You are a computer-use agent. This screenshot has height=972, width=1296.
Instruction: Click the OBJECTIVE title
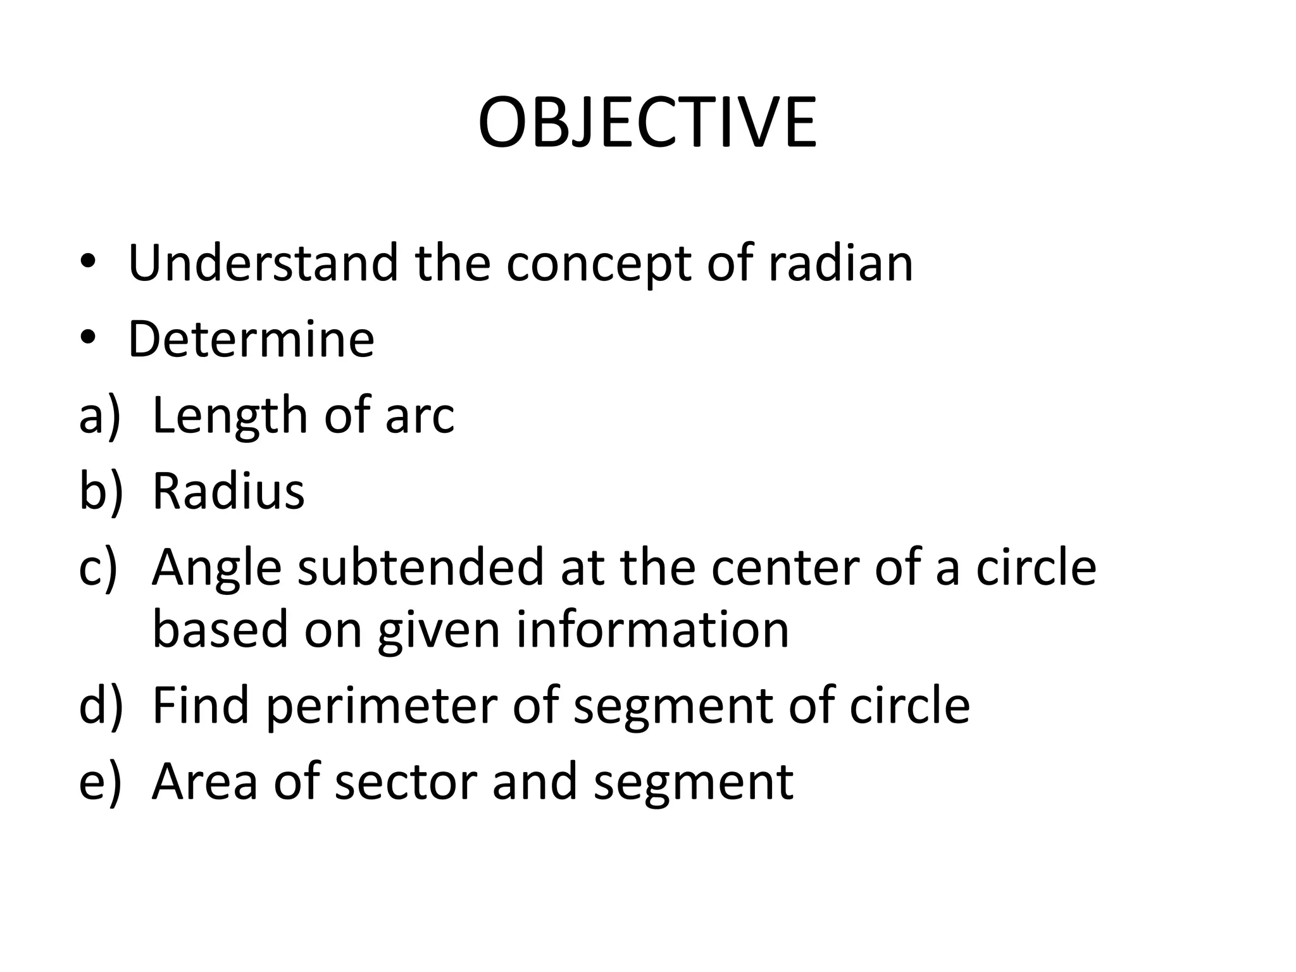coord(647,123)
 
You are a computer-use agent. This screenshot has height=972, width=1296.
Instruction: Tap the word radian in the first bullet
coord(840,262)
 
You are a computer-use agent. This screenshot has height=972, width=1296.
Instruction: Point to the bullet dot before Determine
coord(88,340)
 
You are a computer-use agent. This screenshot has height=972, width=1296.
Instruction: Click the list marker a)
coord(99,415)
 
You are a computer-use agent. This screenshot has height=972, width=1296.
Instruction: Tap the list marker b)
coord(99,490)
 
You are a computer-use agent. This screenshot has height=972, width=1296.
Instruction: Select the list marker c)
coord(98,567)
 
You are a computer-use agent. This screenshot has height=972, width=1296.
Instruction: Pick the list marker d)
coord(100,705)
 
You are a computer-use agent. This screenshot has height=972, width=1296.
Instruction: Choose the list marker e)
coord(99,781)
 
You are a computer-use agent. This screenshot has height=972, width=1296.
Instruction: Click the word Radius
coord(228,490)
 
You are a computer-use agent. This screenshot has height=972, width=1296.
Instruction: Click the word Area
coord(204,781)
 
